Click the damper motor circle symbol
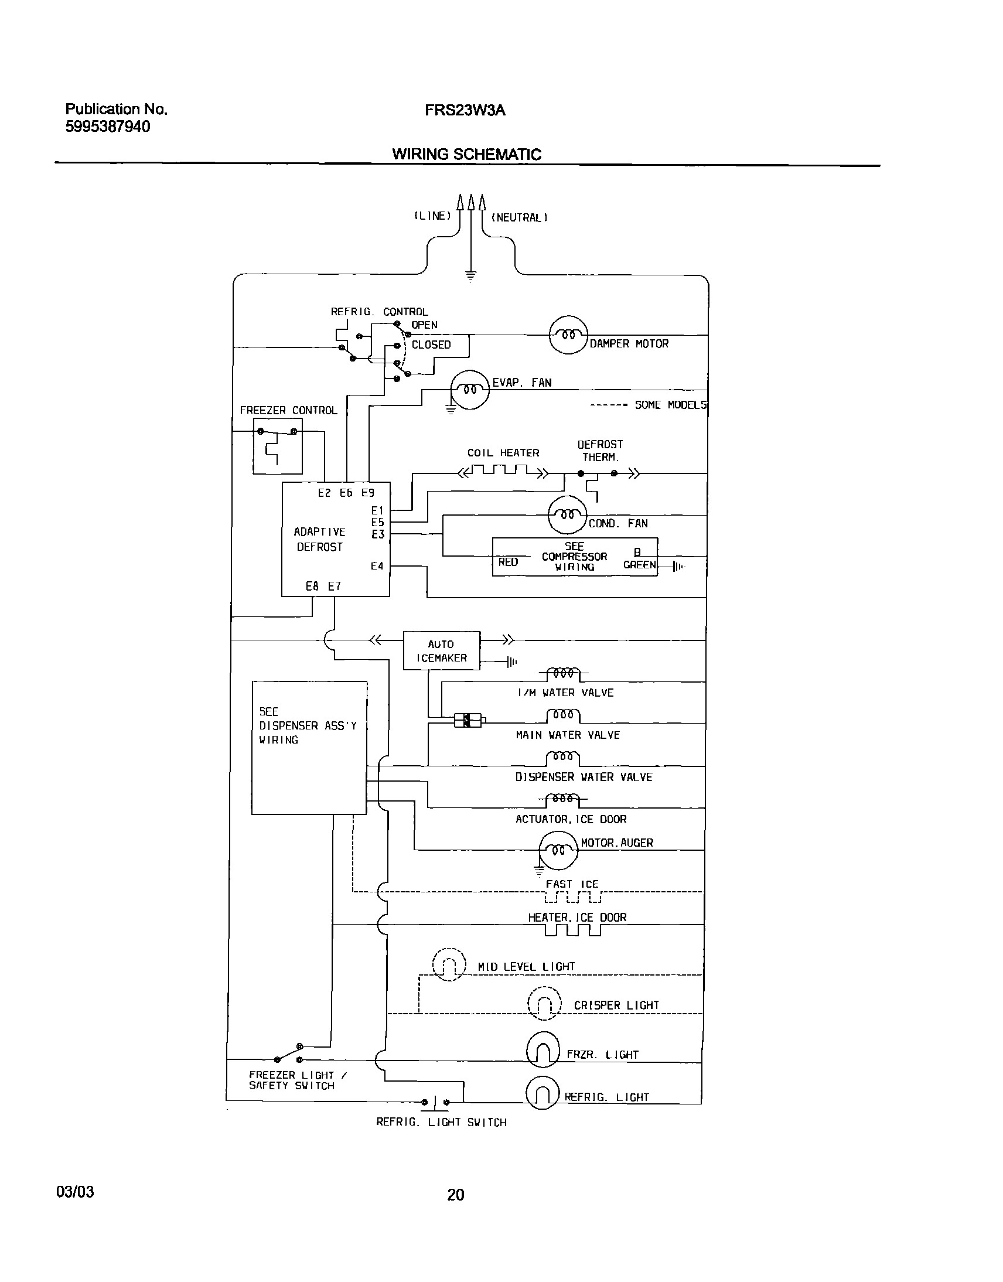tap(568, 335)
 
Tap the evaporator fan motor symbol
tap(469, 390)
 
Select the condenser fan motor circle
tap(567, 515)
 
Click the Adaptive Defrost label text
tap(319, 539)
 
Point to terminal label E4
tap(377, 566)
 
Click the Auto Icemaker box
tap(441, 651)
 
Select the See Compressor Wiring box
tap(574, 557)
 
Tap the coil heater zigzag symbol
tap(503, 470)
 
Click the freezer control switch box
tap(278, 446)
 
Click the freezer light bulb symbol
tap(543, 1051)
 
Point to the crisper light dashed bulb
tap(544, 1004)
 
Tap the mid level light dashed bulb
tap(449, 965)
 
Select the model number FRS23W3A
tap(465, 110)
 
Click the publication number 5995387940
tap(107, 127)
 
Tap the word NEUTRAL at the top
tap(519, 218)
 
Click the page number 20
tap(455, 1195)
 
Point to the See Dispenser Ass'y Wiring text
tap(307, 725)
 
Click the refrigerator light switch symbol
tap(435, 1102)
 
